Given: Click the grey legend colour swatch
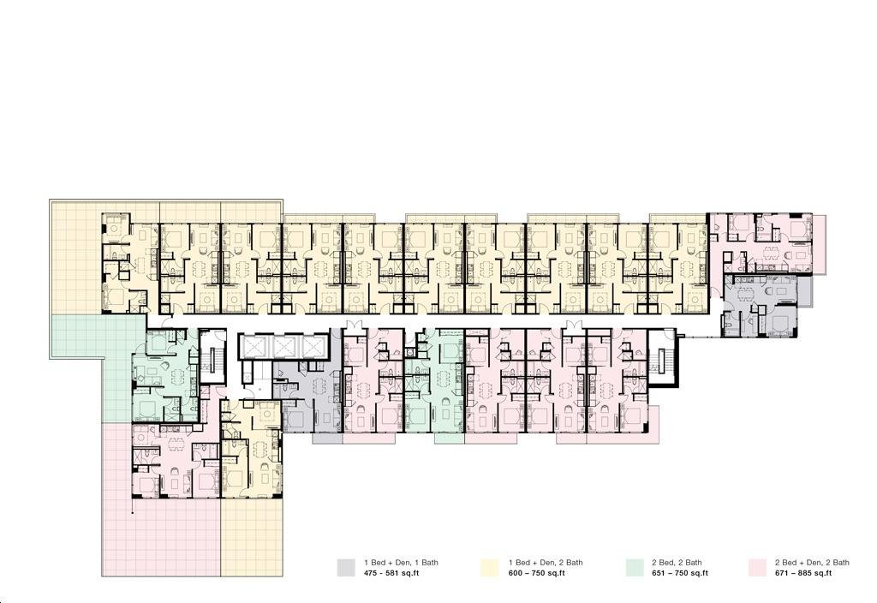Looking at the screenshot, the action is coord(346,567).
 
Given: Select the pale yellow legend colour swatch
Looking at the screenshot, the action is coord(489,567).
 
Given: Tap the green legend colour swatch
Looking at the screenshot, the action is coord(635,567).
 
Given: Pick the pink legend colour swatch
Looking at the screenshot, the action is coord(757,567).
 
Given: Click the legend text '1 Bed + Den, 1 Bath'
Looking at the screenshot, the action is coord(401,563).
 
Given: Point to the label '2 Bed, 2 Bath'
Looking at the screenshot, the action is coord(677,563).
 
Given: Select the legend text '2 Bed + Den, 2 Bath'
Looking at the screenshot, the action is coord(812,563).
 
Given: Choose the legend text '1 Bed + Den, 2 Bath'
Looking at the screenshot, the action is coord(546,563).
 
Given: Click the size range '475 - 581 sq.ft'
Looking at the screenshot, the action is coord(391,573).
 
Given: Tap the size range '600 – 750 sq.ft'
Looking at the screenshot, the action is coord(537,573).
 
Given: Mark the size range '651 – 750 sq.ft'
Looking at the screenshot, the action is coord(680,573).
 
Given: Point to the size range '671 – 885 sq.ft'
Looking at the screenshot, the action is coord(803,573).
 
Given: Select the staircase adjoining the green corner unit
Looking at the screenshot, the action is coord(212,355).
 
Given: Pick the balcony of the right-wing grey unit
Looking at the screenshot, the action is coord(804,291).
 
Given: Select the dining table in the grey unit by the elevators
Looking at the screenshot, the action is coord(320,386).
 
